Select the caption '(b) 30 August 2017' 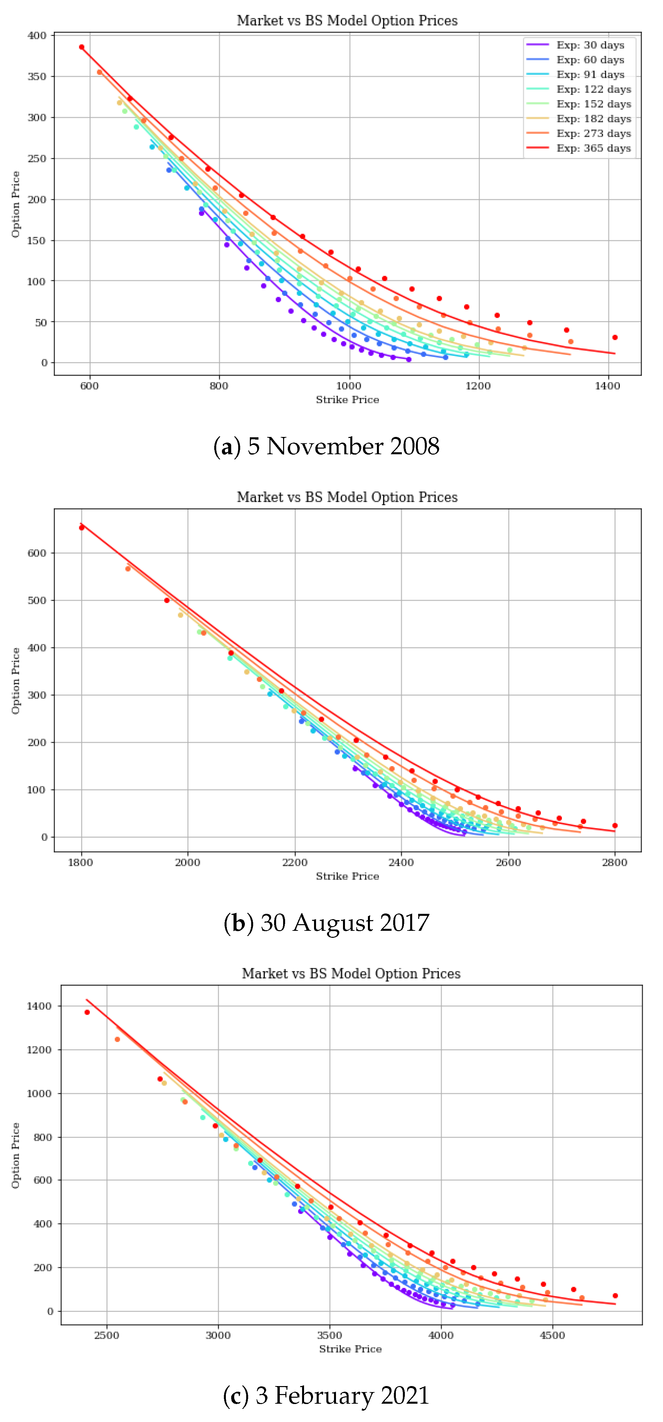326,923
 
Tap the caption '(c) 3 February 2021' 326,1395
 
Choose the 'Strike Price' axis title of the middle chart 347,877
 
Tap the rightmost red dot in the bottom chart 615,1296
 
